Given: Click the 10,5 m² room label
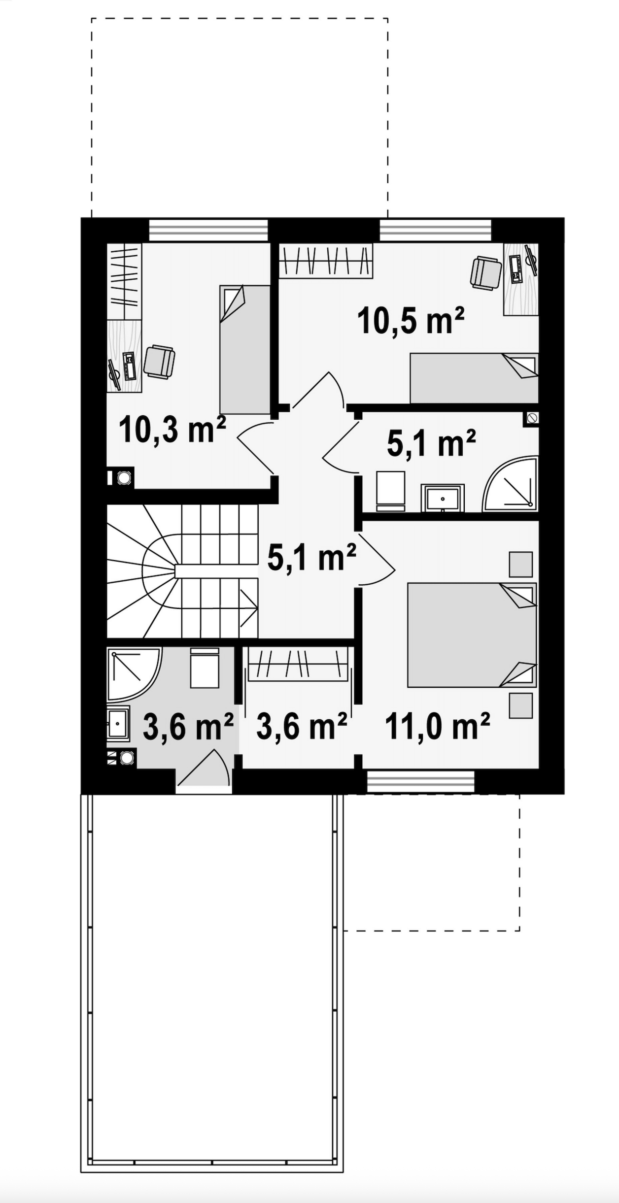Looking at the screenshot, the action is coord(411,321).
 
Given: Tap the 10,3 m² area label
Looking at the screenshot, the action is coord(172,429).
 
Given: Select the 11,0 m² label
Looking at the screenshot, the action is coord(437,726).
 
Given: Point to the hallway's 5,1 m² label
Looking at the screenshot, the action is coord(311,557).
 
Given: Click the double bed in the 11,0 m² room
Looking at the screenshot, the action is coord(472,635).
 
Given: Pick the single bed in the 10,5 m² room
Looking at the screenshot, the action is coord(474,378).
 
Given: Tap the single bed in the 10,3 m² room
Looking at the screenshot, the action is coord(245,349).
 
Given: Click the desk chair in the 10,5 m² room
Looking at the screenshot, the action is coord(486,272).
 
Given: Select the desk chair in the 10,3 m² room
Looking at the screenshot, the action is coord(159,362).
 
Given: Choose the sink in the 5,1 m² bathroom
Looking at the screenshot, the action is coord(443,498).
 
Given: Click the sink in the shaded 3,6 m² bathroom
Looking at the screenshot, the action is coord(118,723).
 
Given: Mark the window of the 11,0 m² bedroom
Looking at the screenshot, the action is coord(421,782).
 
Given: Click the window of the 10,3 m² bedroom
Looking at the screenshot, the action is coord(208,230).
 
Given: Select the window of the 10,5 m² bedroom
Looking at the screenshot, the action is coord(435,230).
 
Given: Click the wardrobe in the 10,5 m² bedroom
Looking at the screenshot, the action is coord(326,260).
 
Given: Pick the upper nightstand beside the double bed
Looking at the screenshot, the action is coord(520,565).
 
